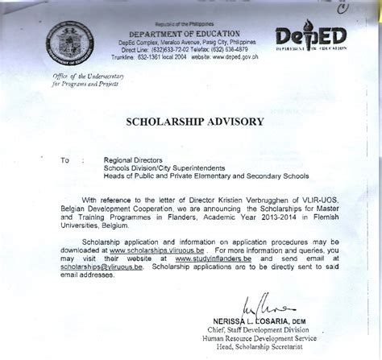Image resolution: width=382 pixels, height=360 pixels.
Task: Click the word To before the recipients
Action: click(x=65, y=160)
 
